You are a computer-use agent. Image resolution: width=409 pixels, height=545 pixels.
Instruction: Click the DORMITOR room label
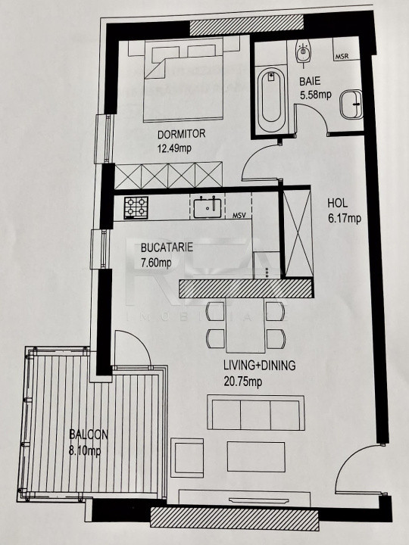tap(181, 134)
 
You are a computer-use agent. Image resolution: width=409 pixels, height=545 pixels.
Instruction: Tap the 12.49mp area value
tap(174, 149)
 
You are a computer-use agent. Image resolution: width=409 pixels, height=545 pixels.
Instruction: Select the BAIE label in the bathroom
tap(310, 81)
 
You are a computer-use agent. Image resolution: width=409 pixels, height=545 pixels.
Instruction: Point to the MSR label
tap(342, 56)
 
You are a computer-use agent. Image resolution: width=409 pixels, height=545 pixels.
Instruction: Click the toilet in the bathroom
tap(303, 52)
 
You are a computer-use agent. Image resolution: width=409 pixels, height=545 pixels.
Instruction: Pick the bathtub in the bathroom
tap(272, 99)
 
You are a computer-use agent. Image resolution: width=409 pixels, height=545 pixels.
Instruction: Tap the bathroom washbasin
tap(351, 104)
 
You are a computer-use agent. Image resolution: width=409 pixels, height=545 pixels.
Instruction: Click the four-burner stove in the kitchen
tap(136, 207)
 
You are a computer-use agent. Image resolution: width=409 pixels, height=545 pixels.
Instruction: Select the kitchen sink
tap(208, 207)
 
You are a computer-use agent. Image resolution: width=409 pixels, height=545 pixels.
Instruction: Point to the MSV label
tap(239, 216)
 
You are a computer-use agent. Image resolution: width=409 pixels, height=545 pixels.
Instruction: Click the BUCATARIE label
tap(167, 248)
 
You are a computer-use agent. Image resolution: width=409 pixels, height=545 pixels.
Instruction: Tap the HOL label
tap(337, 203)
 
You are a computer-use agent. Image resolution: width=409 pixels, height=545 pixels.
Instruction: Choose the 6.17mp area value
tap(345, 218)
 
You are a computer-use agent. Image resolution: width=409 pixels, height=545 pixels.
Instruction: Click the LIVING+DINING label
tap(260, 366)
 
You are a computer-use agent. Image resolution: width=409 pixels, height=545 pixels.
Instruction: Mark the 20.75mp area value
tap(243, 381)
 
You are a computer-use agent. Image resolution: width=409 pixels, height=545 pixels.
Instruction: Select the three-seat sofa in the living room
tap(256, 413)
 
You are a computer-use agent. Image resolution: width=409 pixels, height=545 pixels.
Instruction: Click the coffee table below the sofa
tap(256, 456)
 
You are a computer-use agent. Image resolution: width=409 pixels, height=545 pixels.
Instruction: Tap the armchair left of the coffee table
tap(187, 458)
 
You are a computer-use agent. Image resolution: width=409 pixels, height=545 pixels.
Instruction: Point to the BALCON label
tap(89, 434)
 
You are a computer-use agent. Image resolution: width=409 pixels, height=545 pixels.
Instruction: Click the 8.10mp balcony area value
tap(85, 451)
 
